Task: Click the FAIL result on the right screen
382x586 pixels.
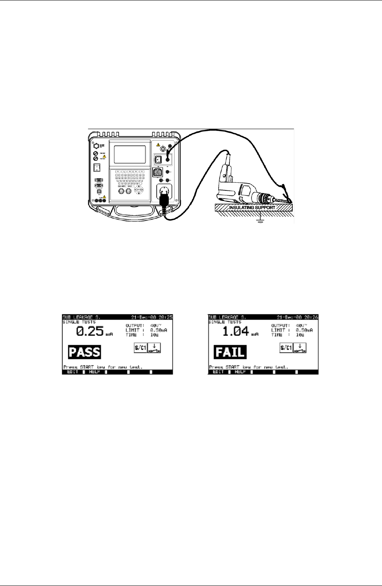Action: (230, 352)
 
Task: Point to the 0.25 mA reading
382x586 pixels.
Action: (90, 331)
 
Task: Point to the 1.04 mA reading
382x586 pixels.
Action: (236, 331)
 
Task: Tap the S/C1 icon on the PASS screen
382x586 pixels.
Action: (140, 348)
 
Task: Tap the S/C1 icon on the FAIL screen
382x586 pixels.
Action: (286, 348)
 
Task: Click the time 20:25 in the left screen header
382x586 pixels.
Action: (166, 317)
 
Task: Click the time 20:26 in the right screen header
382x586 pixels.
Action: (312, 317)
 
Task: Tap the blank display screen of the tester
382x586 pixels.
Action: (130, 155)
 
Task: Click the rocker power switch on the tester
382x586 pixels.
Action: (97, 167)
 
